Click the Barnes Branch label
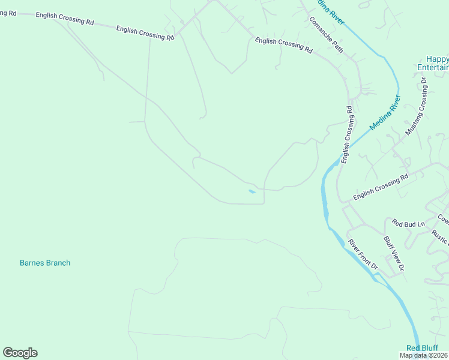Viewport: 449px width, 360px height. pyautogui.click(x=45, y=263)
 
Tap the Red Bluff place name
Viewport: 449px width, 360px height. pyautogui.click(x=422, y=348)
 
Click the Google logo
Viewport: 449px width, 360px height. pyautogui.click(x=20, y=353)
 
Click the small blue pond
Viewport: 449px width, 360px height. pyautogui.click(x=252, y=192)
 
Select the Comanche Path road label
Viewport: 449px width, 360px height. pyautogui.click(x=326, y=34)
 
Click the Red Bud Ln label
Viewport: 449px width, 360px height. pyautogui.click(x=408, y=223)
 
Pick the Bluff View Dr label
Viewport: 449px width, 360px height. pyautogui.click(x=394, y=253)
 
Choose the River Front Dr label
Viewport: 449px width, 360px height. pyautogui.click(x=363, y=254)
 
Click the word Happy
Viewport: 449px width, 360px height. pyautogui.click(x=437, y=59)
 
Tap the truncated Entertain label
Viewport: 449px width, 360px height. pyautogui.click(x=433, y=67)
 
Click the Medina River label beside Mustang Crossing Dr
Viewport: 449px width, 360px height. pyautogui.click(x=384, y=113)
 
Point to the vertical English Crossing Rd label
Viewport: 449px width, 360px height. pyautogui.click(x=348, y=134)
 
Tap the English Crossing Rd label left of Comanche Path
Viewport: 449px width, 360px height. pyautogui.click(x=283, y=46)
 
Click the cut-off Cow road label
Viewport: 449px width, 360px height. pyautogui.click(x=443, y=218)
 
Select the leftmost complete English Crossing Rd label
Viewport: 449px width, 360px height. pyautogui.click(x=65, y=19)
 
